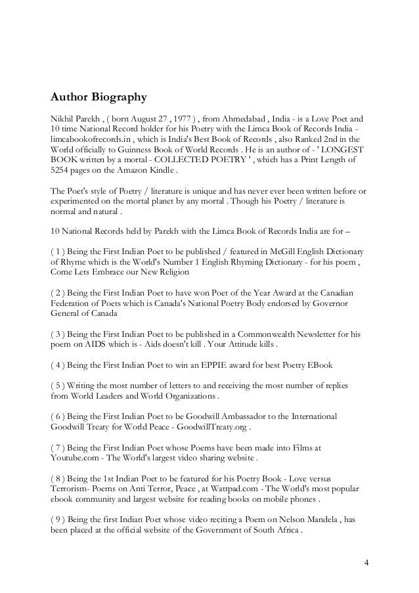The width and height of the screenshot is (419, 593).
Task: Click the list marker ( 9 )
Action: pyautogui.click(x=60, y=520)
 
